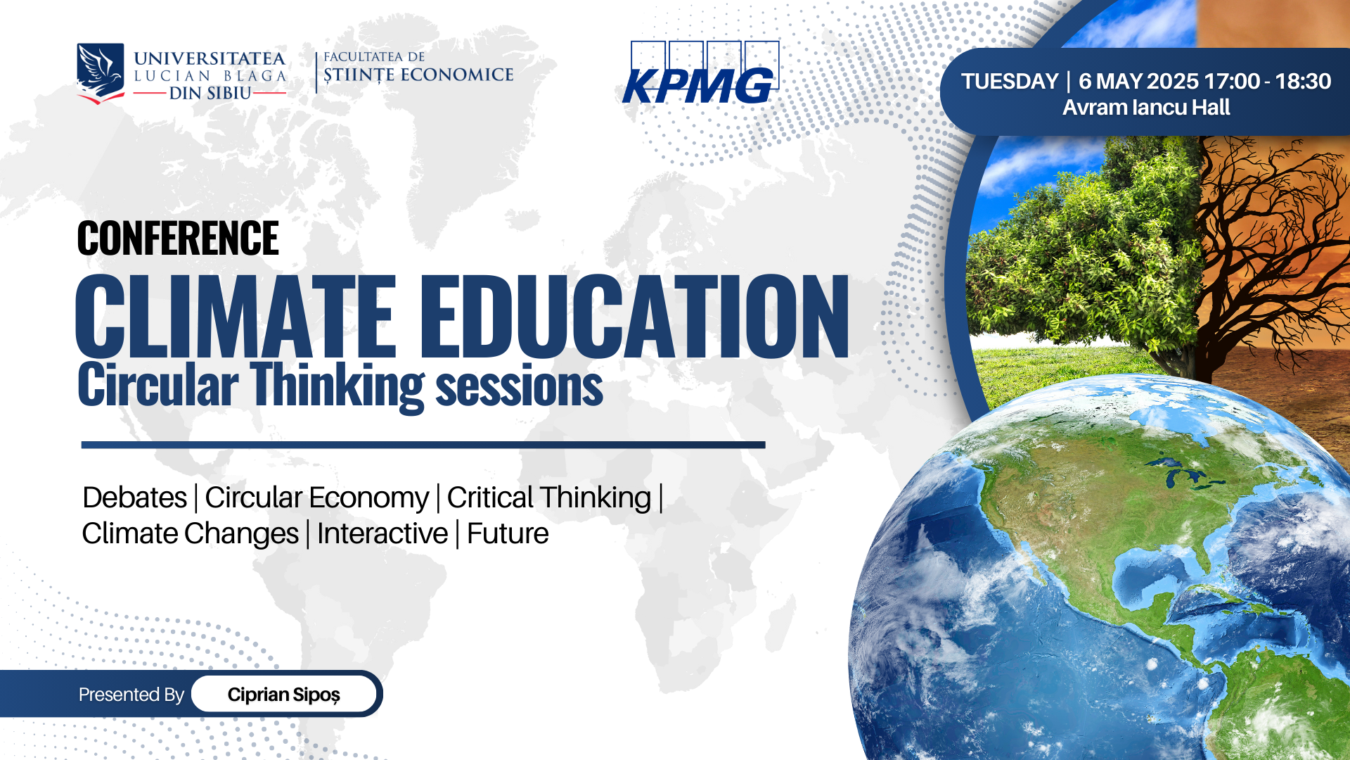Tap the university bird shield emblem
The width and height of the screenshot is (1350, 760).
[101, 73]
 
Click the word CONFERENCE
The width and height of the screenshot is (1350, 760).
[178, 238]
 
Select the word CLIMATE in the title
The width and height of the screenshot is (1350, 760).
[236, 316]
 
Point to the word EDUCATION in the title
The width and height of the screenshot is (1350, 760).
[635, 316]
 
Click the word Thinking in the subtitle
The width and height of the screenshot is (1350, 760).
[337, 386]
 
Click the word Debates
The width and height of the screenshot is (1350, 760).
[134, 498]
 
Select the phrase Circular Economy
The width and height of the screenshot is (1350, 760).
[316, 498]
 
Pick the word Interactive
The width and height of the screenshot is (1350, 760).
[382, 533]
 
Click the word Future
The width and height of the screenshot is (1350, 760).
[508, 533]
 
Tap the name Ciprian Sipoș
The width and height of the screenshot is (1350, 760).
[284, 695]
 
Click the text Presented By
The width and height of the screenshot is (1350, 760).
[131, 695]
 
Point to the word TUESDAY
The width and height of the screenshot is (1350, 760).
[1010, 82]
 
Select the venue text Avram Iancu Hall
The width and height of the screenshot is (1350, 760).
[1146, 108]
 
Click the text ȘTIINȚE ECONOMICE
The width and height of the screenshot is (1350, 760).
[418, 75]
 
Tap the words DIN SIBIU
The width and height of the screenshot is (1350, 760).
[210, 93]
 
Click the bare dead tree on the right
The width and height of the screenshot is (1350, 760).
[1266, 253]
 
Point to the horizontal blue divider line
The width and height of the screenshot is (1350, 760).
[423, 445]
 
